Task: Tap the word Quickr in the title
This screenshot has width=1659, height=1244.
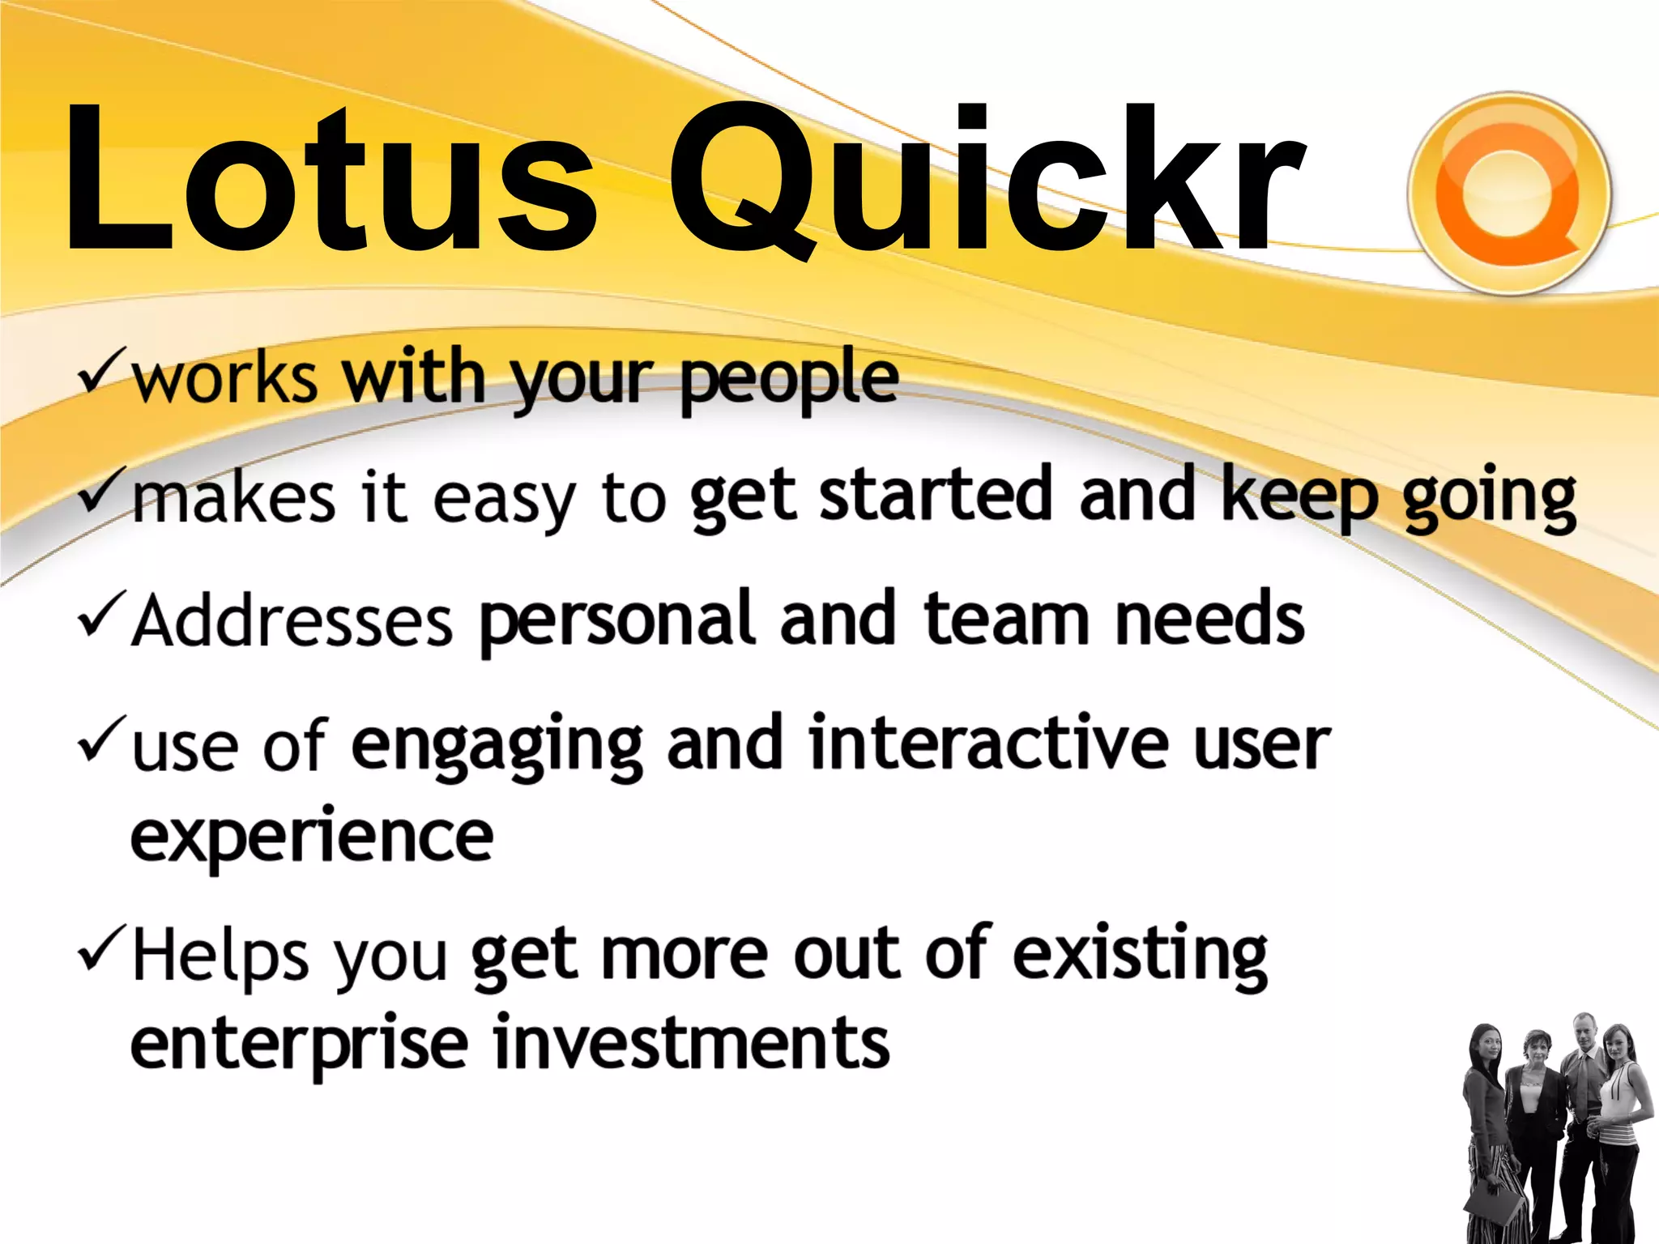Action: pyautogui.click(x=984, y=180)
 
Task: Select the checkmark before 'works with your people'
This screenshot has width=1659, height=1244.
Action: pyautogui.click(x=102, y=369)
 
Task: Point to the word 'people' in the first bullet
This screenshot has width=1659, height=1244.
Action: pyautogui.click(x=789, y=379)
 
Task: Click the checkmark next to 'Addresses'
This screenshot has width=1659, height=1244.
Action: pyautogui.click(x=102, y=616)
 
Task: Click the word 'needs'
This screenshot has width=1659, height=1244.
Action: pyautogui.click(x=1210, y=620)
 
